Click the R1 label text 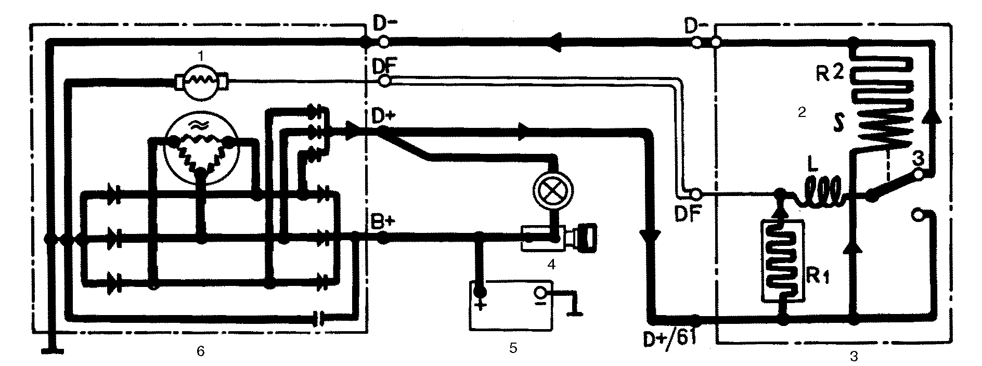click(x=818, y=278)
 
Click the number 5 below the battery click(x=513, y=348)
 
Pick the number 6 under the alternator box click(x=201, y=351)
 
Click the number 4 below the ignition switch click(x=551, y=264)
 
